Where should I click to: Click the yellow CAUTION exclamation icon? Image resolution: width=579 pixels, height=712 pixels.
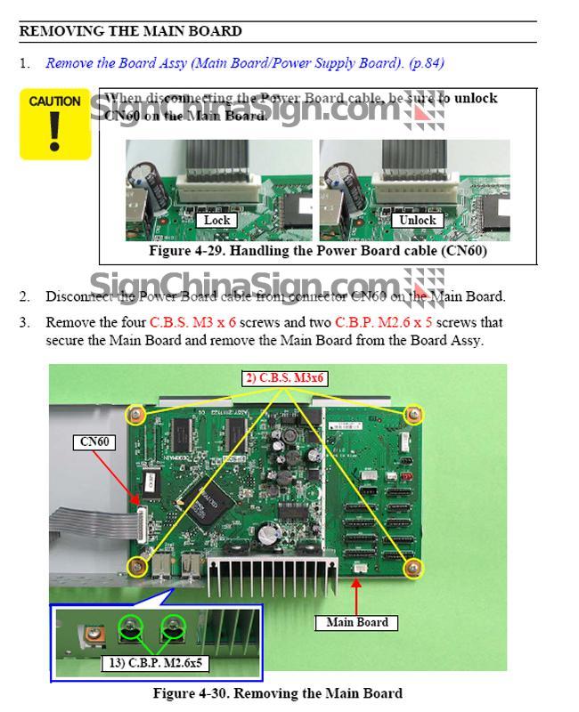(x=55, y=125)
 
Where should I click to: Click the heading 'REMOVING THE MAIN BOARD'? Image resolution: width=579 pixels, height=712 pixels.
(x=130, y=31)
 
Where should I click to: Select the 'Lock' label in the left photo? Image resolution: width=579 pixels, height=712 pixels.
(x=216, y=220)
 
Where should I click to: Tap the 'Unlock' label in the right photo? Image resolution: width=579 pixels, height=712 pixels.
(x=417, y=220)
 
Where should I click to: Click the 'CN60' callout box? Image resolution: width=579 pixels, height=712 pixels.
(x=96, y=441)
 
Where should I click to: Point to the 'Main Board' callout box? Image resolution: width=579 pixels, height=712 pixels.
(x=356, y=622)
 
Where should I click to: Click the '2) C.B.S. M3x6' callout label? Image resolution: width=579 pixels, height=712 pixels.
(x=286, y=378)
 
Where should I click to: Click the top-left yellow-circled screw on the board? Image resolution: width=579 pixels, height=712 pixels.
(x=135, y=414)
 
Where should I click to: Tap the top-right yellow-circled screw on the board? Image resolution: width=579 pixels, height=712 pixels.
(x=413, y=414)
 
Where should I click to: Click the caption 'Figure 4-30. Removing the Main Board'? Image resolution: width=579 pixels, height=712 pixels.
(x=277, y=692)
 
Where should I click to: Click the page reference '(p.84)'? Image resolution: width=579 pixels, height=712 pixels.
(x=426, y=63)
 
